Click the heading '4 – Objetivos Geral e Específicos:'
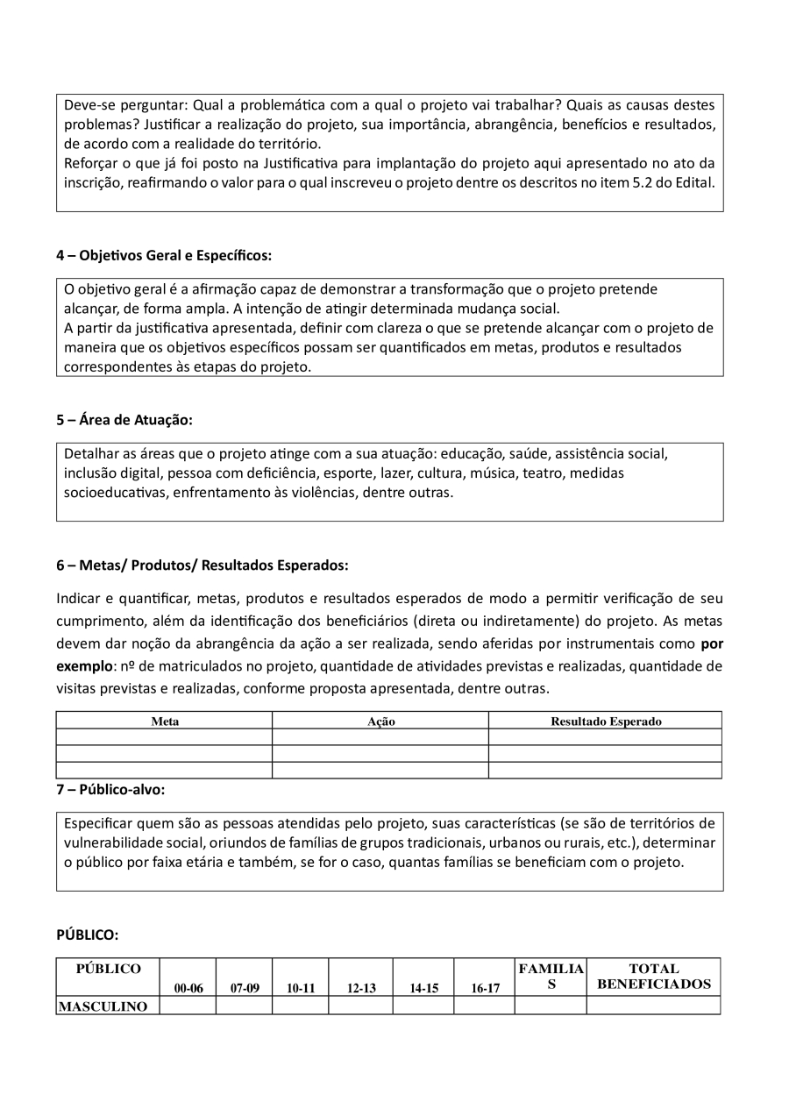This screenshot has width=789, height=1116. pos(164,256)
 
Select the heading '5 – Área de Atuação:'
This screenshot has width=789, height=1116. pos(124,420)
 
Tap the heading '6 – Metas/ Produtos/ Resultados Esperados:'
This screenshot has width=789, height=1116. pos(202,565)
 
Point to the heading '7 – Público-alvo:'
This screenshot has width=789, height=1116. pos(110,789)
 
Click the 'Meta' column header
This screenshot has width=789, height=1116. pos(165,721)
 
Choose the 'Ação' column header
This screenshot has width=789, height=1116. pos(380,721)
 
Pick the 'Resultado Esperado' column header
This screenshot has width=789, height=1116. pos(606,721)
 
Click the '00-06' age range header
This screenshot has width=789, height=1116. pos(188,988)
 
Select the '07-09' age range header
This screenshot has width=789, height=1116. pos(245,988)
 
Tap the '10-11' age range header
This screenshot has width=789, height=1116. pos(301,988)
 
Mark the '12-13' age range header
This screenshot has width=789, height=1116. pos(361,988)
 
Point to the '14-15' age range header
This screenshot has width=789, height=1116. pos(423,988)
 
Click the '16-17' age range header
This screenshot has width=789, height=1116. pos(485,988)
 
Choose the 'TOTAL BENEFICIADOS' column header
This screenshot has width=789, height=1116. pos(654,977)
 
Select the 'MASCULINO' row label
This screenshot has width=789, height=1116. pos(103,1006)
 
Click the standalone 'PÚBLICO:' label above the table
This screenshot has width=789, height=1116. pos(87,935)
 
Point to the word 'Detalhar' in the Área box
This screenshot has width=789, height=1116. pos(91,454)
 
